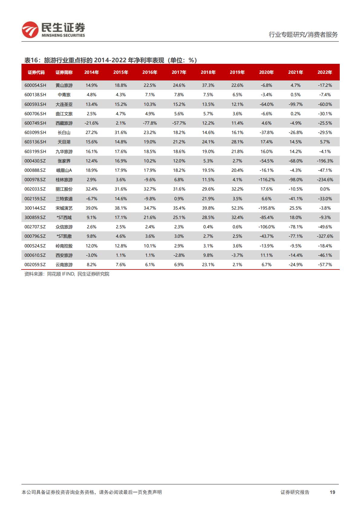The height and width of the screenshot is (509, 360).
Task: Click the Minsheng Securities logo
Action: point(53,30)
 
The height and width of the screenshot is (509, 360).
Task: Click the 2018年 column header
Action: point(208,72)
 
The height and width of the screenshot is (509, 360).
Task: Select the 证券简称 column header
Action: point(64,72)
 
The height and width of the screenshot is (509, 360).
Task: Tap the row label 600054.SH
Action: point(35,85)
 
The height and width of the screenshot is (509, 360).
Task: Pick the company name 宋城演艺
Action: point(64,208)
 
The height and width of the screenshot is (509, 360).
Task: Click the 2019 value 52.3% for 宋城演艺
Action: point(237,208)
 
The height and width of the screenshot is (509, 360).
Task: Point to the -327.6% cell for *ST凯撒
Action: point(325,236)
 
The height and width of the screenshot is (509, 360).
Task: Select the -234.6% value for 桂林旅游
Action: point(325,180)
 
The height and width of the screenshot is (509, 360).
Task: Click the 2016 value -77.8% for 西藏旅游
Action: point(150,123)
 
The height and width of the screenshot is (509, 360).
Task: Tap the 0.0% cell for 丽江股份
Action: point(325,189)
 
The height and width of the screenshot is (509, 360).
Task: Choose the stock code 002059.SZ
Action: point(35,265)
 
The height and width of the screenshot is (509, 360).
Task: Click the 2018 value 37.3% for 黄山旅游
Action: point(208,85)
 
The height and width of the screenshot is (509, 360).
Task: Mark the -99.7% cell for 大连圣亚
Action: point(296,104)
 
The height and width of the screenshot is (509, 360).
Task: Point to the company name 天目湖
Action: point(64,142)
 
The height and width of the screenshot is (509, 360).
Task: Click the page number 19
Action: point(332,492)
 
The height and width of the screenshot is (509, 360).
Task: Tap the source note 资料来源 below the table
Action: point(67,274)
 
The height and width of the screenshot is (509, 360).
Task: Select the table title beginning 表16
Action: point(110,60)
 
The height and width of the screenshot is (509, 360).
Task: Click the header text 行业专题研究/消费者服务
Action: point(303,34)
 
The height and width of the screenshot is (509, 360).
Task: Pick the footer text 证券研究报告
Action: point(295,492)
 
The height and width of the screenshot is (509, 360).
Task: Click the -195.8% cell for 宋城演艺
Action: point(266,208)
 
